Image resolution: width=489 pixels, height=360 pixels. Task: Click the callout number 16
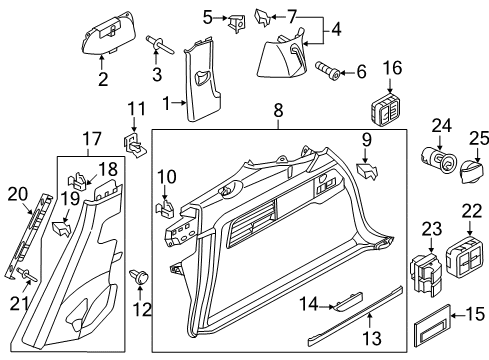click(x=392, y=68)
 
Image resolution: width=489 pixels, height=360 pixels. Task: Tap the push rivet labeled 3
click(x=159, y=45)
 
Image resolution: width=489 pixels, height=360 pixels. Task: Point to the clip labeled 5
click(x=236, y=23)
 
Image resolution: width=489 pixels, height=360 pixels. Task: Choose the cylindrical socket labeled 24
click(x=437, y=161)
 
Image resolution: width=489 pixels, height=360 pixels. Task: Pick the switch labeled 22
click(x=464, y=256)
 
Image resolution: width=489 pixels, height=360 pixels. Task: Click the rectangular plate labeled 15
click(x=433, y=325)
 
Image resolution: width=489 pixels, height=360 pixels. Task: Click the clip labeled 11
click(x=135, y=145)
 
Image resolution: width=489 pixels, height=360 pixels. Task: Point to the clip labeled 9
click(x=367, y=171)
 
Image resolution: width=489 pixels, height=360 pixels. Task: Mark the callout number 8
click(x=278, y=110)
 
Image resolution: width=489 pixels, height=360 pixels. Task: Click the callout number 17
click(x=92, y=139)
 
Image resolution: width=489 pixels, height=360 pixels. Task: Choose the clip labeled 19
click(x=62, y=229)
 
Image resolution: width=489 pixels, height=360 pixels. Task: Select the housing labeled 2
click(x=109, y=33)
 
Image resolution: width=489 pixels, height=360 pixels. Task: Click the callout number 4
click(x=337, y=29)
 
